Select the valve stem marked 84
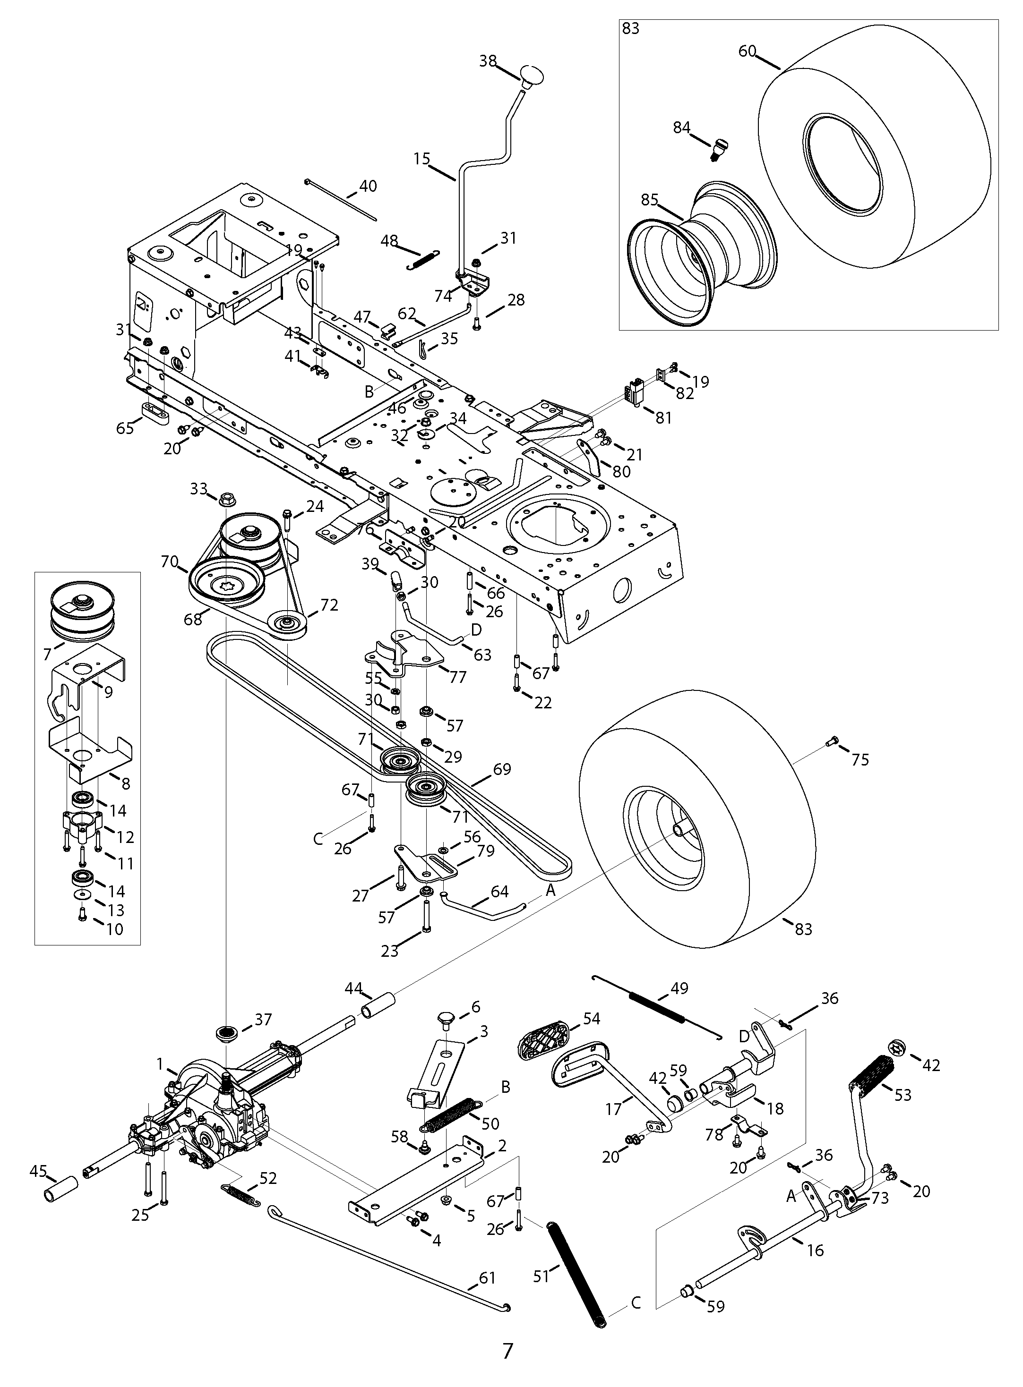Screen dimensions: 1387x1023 tap(719, 149)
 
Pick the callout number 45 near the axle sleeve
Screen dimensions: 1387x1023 tap(38, 1171)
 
